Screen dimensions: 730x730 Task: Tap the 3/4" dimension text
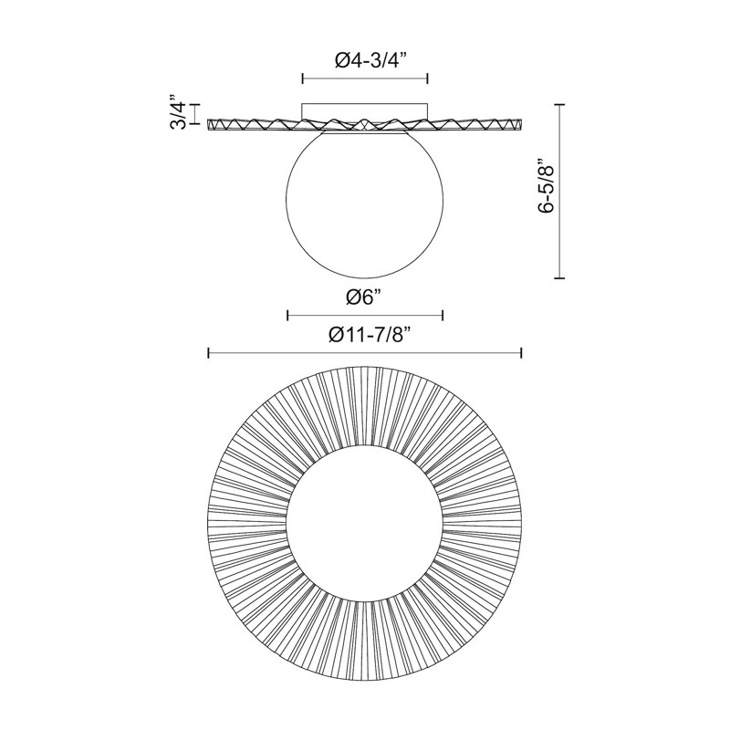pyautogui.click(x=179, y=112)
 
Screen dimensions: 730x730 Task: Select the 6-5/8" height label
pyautogui.click(x=545, y=188)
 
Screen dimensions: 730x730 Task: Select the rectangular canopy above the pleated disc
pyautogui.click(x=365, y=112)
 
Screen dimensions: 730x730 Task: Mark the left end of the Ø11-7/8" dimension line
pyautogui.click(x=209, y=353)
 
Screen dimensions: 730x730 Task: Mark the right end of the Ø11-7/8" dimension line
pyautogui.click(x=521, y=353)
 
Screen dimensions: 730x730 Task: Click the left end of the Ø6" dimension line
pyautogui.click(x=287, y=316)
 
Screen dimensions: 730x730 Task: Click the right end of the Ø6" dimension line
pyautogui.click(x=443, y=316)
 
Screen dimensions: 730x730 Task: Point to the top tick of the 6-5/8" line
pyautogui.click(x=560, y=104)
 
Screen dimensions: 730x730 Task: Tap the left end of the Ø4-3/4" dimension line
pyautogui.click(x=302, y=79)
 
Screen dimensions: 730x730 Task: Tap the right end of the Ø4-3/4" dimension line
pyautogui.click(x=428, y=79)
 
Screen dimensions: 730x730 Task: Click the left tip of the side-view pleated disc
pyautogui.click(x=209, y=123)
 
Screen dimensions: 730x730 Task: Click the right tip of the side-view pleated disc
pyautogui.click(x=521, y=123)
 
